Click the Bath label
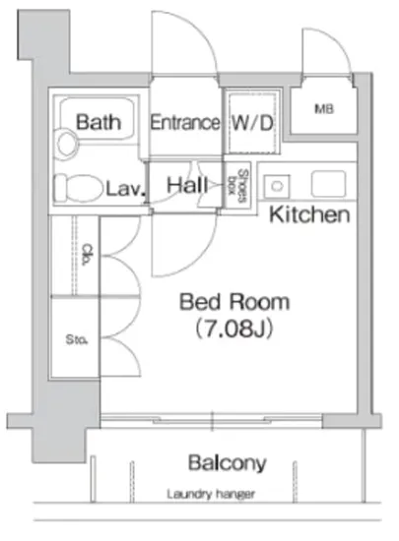click(x=99, y=122)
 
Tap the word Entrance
click(x=185, y=123)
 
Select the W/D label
click(x=252, y=123)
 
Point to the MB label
click(x=324, y=109)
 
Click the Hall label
click(x=187, y=185)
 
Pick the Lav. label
click(x=125, y=189)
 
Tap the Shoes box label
click(x=238, y=186)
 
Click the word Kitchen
click(x=309, y=214)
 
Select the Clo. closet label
click(x=88, y=255)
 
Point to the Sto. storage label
click(x=76, y=340)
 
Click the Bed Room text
click(x=234, y=302)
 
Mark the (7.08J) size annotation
click(x=234, y=329)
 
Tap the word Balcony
click(x=228, y=463)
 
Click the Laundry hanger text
click(x=211, y=495)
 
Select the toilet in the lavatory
click(x=79, y=188)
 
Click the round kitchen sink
click(x=277, y=186)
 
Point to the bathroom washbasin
click(x=66, y=144)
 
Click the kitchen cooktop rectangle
click(x=328, y=184)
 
